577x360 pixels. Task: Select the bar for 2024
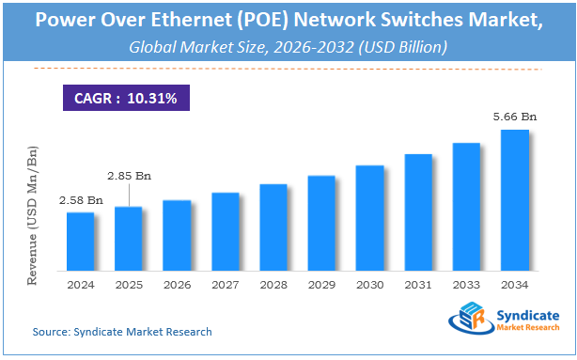click(80, 240)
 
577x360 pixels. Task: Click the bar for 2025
click(128, 237)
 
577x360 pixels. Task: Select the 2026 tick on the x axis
click(177, 284)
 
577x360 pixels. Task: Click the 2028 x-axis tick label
click(273, 284)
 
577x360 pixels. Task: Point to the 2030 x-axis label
click(369, 284)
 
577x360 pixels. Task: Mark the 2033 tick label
click(466, 284)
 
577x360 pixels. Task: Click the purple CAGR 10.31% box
click(125, 97)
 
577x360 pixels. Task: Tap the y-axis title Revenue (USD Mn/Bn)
click(34, 217)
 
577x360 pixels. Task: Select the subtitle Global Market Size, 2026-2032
click(288, 46)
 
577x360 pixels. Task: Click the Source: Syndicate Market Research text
click(122, 332)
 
